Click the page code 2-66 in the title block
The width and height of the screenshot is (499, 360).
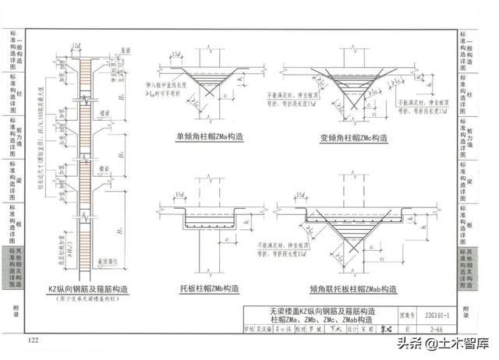(433, 330)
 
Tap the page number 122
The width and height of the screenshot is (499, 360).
(34, 341)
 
